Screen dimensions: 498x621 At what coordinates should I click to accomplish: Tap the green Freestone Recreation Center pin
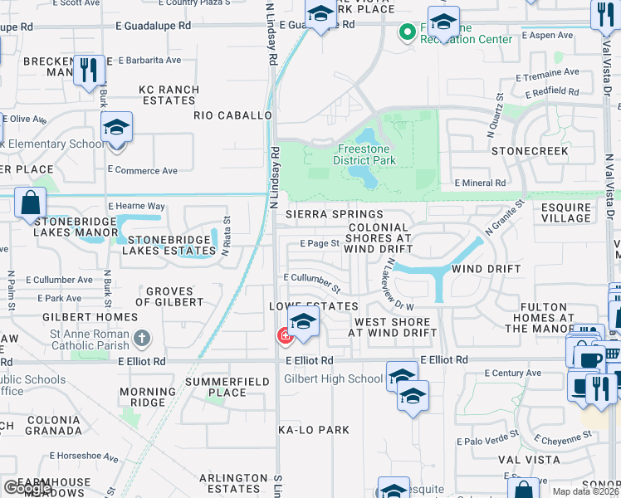(x=407, y=32)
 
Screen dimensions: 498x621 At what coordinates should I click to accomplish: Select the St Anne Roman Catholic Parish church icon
(x=143, y=338)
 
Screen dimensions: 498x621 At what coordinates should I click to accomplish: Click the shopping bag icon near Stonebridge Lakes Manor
(x=30, y=203)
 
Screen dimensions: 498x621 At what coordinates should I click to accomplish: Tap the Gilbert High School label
(x=334, y=378)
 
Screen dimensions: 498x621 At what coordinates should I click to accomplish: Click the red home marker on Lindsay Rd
(x=284, y=335)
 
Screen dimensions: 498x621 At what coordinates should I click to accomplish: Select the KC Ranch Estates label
(x=169, y=95)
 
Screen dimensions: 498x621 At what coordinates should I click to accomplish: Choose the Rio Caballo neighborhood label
(x=233, y=115)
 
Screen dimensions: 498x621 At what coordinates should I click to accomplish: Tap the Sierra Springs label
(x=323, y=214)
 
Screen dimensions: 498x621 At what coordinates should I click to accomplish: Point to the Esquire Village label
(x=565, y=212)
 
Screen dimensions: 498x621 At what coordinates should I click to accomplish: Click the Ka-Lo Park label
(x=314, y=430)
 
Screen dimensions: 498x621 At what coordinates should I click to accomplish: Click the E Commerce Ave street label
(x=143, y=171)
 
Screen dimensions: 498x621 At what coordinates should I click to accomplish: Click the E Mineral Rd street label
(x=480, y=183)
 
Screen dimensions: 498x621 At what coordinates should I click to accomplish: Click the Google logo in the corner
(x=27, y=488)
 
